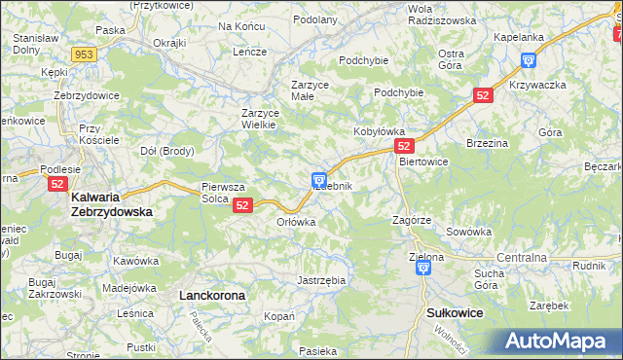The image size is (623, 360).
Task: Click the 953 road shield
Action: (84, 54)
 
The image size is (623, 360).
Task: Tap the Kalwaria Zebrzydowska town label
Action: (111, 203)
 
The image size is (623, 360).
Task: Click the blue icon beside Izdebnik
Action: (318, 180)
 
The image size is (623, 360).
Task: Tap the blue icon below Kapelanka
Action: (529, 60)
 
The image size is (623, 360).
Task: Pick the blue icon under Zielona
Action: (423, 270)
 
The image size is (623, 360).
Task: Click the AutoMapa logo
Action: (554, 342)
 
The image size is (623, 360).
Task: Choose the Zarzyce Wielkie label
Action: (260, 119)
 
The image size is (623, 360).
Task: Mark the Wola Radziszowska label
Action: (441, 14)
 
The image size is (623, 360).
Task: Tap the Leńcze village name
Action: (249, 52)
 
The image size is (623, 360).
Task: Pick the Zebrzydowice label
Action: (86, 95)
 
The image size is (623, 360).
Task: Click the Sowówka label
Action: (469, 233)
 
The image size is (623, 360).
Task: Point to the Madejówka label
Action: (129, 287)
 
